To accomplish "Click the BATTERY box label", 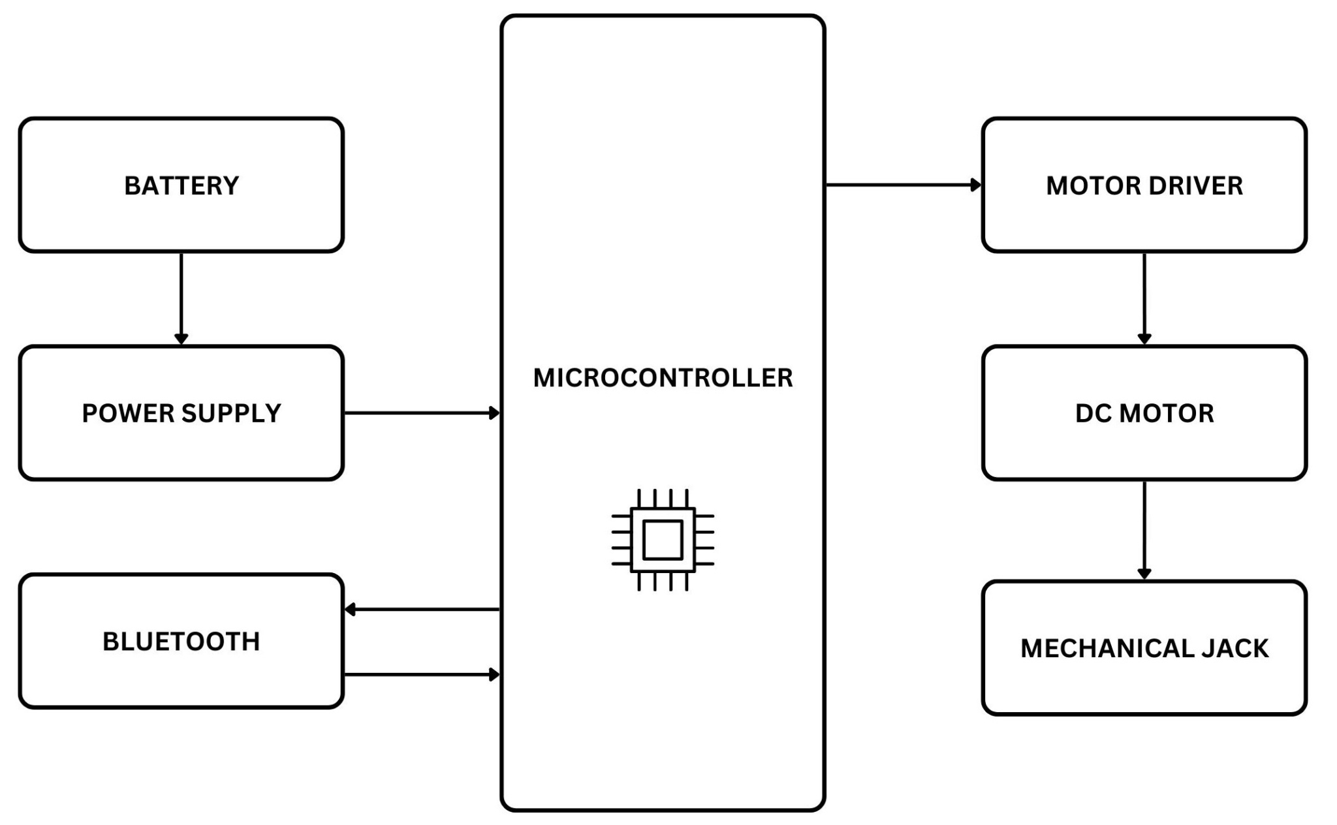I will click(181, 186).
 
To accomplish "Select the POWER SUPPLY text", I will click(181, 414).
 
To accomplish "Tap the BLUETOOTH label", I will click(181, 642).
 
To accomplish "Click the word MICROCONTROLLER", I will click(663, 378).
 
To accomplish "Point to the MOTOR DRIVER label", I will click(1144, 186).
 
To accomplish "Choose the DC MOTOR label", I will click(1144, 414).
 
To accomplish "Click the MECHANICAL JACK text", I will click(1144, 648).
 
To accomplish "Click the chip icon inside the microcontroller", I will click(663, 540).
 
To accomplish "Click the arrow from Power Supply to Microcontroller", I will click(421, 413).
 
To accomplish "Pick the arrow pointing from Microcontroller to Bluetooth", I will click(421, 609).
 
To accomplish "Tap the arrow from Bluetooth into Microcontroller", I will click(421, 674).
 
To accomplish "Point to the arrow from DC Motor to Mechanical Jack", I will click(1144, 529).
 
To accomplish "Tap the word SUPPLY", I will click(231, 414).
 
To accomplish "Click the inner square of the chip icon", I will click(663, 540).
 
